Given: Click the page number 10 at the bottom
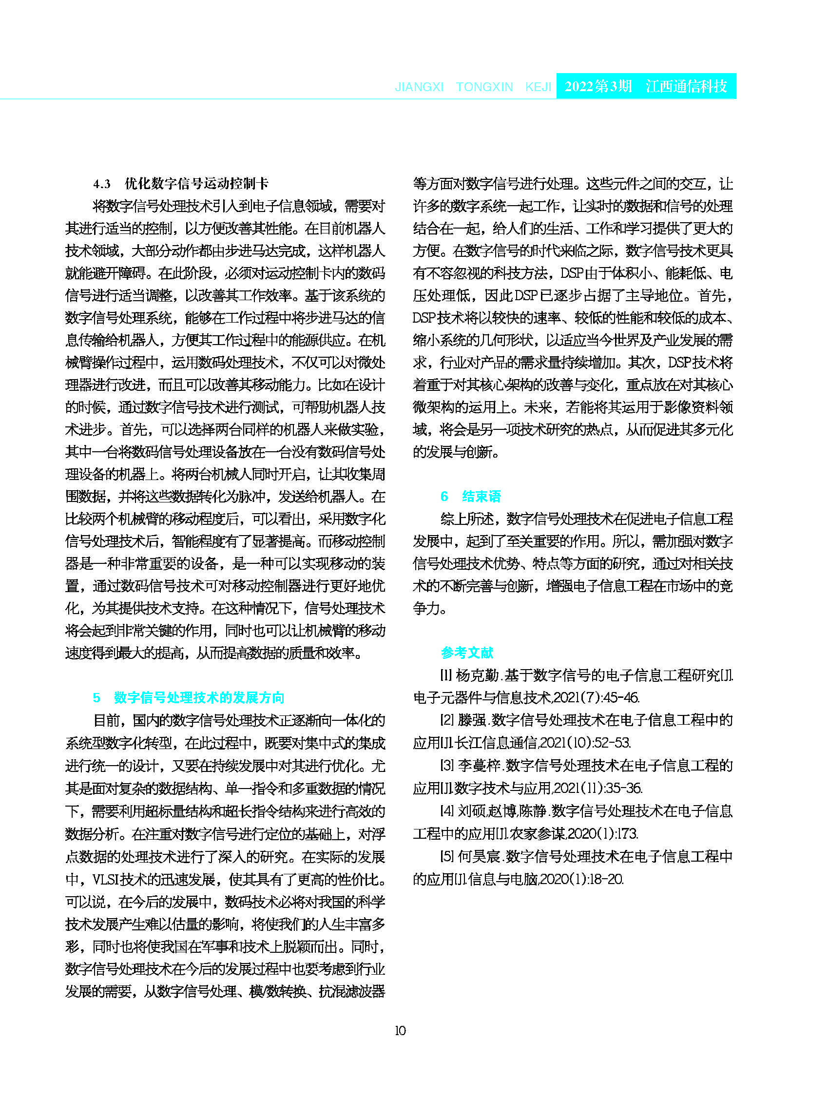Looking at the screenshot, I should click(x=400, y=1031).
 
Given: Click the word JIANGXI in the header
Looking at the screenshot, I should click(x=419, y=87).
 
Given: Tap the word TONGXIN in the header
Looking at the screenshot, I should click(x=484, y=87).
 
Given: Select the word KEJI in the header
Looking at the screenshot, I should click(x=538, y=87).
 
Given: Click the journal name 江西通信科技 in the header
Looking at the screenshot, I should click(x=686, y=86).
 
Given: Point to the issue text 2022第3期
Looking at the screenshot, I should click(x=598, y=86).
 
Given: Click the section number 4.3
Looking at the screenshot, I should click(x=102, y=184).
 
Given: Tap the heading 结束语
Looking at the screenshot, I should click(x=481, y=496).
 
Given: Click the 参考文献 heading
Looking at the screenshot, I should click(x=467, y=653).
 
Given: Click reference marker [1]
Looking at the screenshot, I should click(x=446, y=675).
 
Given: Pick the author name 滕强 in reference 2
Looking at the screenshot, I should click(x=472, y=721).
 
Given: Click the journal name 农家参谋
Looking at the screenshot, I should click(x=538, y=833).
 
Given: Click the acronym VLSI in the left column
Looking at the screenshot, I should click(x=105, y=880).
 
